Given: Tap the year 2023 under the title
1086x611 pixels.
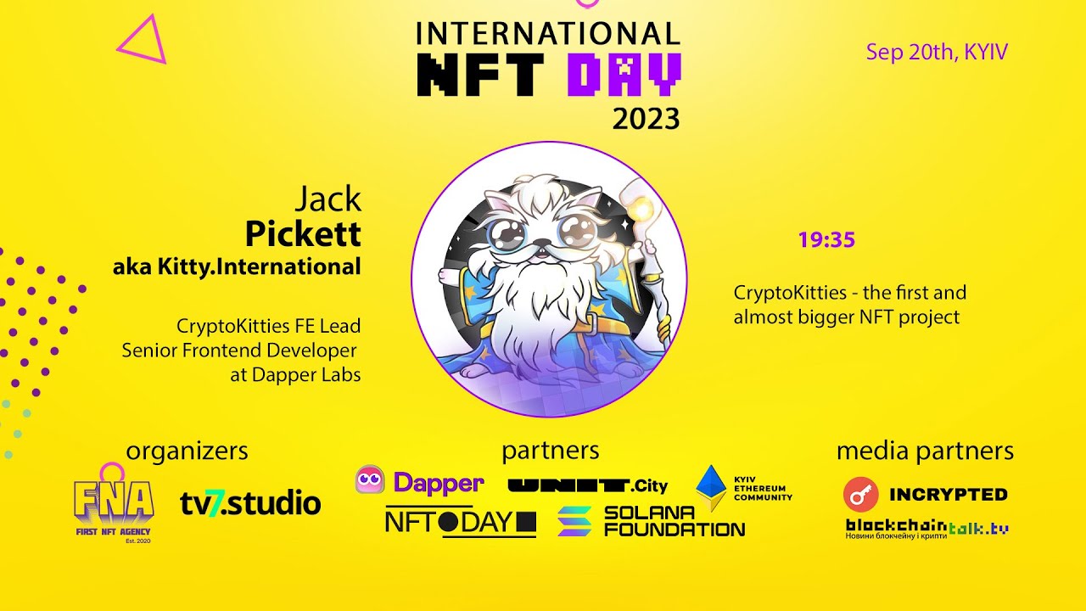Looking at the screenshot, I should pos(646,119).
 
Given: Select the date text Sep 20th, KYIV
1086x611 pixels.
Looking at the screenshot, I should pos(937,52).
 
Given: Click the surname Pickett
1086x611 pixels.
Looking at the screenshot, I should pos(303,233).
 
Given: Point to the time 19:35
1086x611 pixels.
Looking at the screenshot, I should pos(826,240).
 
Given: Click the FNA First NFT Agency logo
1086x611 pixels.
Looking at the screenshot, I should pos(113,507).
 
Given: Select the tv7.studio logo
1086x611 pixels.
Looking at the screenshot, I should pos(250,503).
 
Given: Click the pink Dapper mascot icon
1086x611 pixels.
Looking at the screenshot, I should pos(370,480).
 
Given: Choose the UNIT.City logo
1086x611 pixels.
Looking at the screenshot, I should pos(587,486).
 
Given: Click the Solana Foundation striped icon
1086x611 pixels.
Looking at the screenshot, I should pos(574,521).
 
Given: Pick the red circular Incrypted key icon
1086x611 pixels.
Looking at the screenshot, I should pos(860,494).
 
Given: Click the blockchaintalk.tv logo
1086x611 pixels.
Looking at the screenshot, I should pos(926,529).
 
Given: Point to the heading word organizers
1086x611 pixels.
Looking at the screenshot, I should pos(187,451).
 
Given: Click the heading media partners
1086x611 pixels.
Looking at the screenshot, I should pos(925,451).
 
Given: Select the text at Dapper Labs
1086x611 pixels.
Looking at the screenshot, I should pos(295,374).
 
